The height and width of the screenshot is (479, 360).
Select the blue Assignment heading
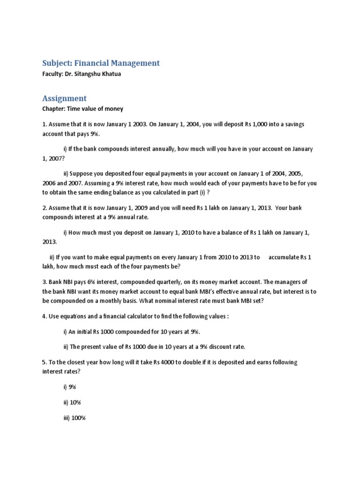point(64,98)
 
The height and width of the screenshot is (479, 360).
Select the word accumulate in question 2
point(285,258)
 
